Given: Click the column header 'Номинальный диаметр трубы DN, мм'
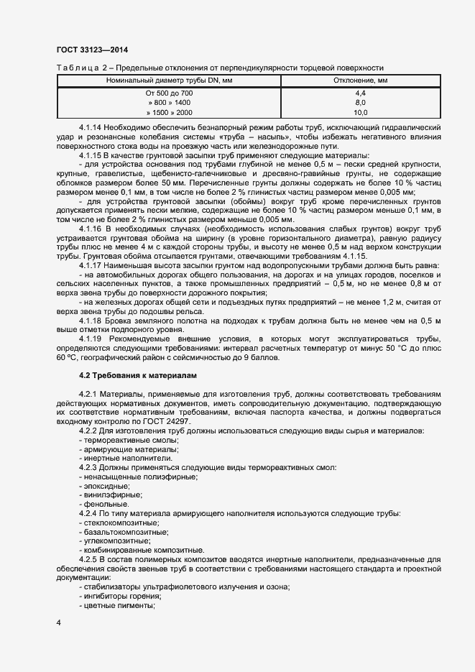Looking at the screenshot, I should point(169,80).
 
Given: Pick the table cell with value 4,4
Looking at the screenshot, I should point(360,94).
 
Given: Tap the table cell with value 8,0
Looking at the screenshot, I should point(360,103).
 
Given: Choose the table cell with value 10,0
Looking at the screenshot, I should point(360,113).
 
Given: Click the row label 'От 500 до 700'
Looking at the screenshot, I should point(169,94).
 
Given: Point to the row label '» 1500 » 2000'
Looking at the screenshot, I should point(169,113).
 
